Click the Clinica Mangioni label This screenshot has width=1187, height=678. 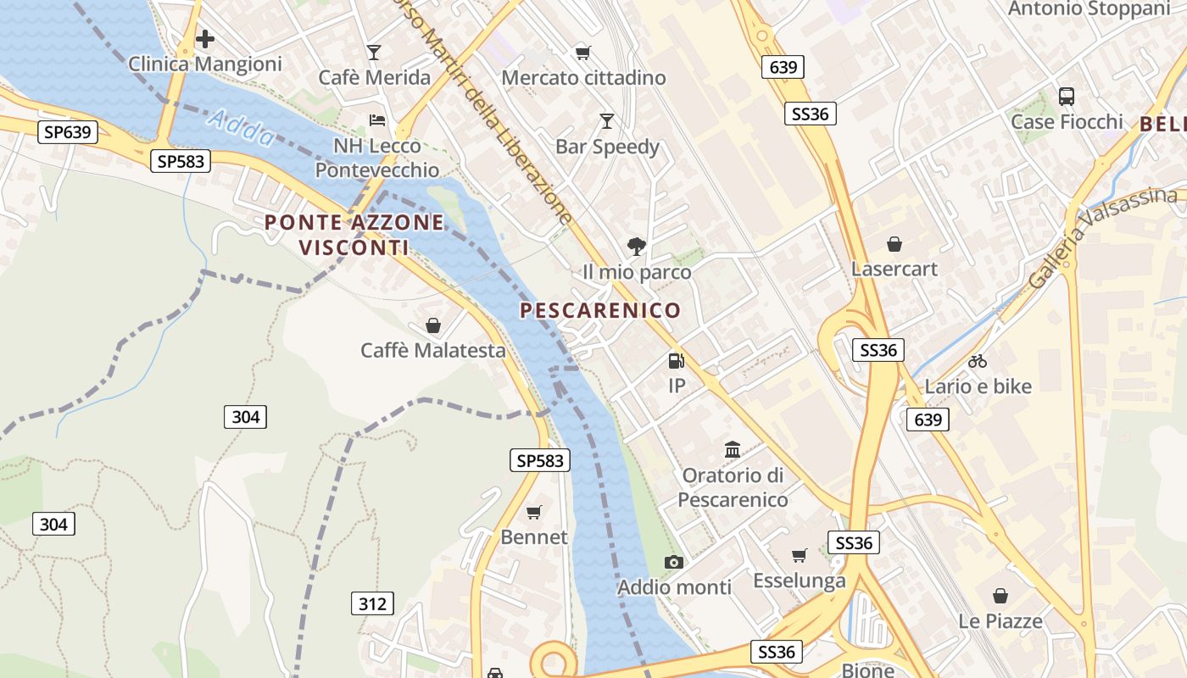pyautogui.click(x=204, y=64)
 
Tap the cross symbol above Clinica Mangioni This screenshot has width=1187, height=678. pyautogui.click(x=204, y=39)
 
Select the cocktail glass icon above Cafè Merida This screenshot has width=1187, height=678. pyautogui.click(x=374, y=53)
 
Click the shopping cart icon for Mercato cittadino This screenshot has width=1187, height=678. pyautogui.click(x=582, y=53)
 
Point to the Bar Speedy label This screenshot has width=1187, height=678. pyautogui.click(x=607, y=147)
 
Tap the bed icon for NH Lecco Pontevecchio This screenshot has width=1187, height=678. pyautogui.click(x=377, y=120)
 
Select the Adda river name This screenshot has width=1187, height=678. pyautogui.click(x=241, y=128)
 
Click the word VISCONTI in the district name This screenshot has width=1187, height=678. pyautogui.click(x=354, y=248)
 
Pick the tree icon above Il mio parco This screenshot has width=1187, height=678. pyautogui.click(x=636, y=247)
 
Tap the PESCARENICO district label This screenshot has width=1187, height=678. pyautogui.click(x=600, y=310)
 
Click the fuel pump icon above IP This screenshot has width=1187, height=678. pyautogui.click(x=676, y=361)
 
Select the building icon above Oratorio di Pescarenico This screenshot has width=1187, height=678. pyautogui.click(x=733, y=449)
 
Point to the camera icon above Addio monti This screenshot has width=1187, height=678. pyautogui.click(x=674, y=562)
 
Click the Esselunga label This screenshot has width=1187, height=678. pyautogui.click(x=800, y=581)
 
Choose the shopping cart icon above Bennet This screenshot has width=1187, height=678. pyautogui.click(x=534, y=512)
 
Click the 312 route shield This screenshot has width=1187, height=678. pyautogui.click(x=372, y=603)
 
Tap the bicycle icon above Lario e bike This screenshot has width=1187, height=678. pyautogui.click(x=978, y=361)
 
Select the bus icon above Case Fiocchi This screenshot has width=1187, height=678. pyautogui.click(x=1067, y=97)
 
